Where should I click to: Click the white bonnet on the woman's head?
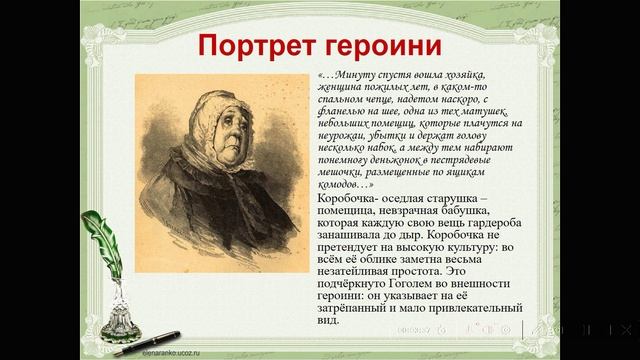tap(205, 100)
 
